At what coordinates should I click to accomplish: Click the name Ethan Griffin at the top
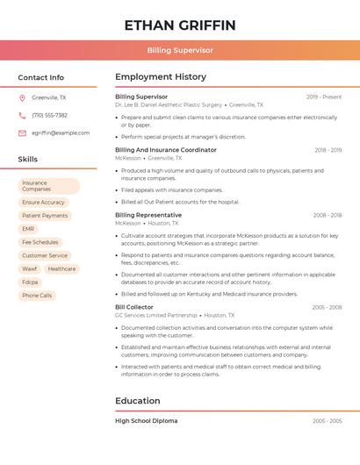pyautogui.click(x=180, y=25)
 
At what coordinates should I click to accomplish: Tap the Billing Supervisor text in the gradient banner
pyautogui.click(x=180, y=51)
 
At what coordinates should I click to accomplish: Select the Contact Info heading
pyautogui.click(x=41, y=77)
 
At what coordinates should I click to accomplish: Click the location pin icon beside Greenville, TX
pyautogui.click(x=22, y=98)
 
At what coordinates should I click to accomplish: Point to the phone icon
pyautogui.click(x=22, y=116)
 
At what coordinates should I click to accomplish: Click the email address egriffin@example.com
pyautogui.click(x=61, y=133)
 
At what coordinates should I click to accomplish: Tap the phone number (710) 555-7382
pyautogui.click(x=49, y=116)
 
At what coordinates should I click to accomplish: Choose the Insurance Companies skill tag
pyautogui.click(x=48, y=186)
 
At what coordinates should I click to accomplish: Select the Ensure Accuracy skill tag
pyautogui.click(x=44, y=203)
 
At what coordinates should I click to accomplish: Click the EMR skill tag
pyautogui.click(x=29, y=229)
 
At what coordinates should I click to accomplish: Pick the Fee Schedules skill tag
pyautogui.click(x=40, y=242)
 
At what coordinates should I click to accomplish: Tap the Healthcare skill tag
pyautogui.click(x=61, y=269)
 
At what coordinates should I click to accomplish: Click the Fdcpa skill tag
pyautogui.click(x=31, y=283)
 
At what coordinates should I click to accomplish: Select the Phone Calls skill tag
pyautogui.click(x=37, y=296)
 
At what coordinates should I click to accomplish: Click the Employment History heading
pyautogui.click(x=161, y=77)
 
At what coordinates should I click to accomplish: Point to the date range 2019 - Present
pyautogui.click(x=324, y=97)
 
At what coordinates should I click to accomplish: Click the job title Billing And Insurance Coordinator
pyautogui.click(x=166, y=150)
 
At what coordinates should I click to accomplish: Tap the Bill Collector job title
pyautogui.click(x=134, y=307)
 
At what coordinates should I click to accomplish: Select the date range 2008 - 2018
pyautogui.click(x=327, y=215)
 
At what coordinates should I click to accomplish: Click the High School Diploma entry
pyautogui.click(x=147, y=421)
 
